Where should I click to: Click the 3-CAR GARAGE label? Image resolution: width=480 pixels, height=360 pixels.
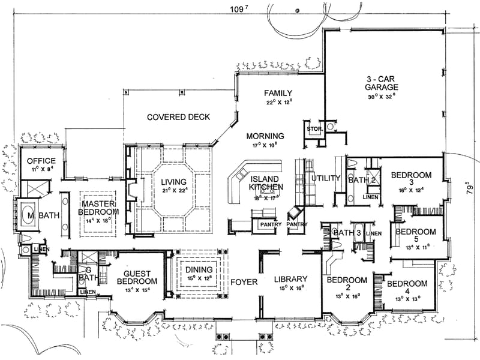coord(382,83)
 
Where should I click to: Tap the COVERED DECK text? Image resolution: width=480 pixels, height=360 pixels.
coord(179,117)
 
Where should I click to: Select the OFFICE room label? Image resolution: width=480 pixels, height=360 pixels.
coord(41,161)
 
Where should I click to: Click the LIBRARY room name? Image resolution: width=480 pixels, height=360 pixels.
coord(291,279)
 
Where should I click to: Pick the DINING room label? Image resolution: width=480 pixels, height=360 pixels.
coord(197,271)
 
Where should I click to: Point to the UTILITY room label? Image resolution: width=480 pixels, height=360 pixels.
coord(326,178)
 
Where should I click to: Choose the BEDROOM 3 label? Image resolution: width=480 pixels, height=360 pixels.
coord(411,179)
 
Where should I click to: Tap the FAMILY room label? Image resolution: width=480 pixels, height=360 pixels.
coord(279,93)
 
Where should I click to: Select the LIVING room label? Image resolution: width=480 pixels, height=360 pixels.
coord(174,182)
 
